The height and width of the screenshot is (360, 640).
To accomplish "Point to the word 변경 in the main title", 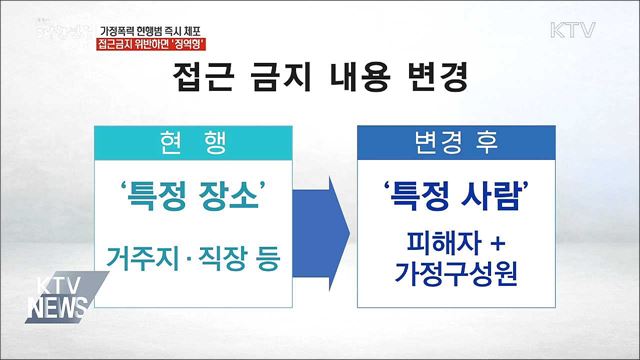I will click(437, 78).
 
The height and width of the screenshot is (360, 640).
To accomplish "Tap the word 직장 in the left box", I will click(208, 258).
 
